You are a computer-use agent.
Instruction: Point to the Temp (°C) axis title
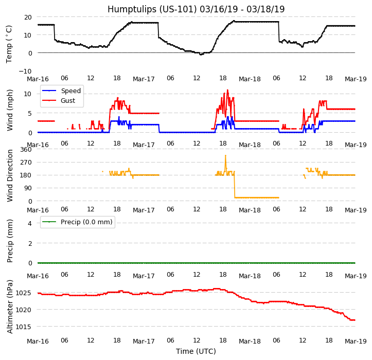[x=9, y=44]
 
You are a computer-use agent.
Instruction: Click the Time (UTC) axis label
[x=196, y=351]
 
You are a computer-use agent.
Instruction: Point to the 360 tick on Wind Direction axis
[x=26, y=149]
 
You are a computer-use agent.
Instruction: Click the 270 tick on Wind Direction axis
[x=26, y=162]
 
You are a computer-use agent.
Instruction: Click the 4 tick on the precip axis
[x=30, y=223]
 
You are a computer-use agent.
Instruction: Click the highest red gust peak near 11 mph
[x=227, y=90]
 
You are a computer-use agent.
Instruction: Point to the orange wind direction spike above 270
[x=225, y=155]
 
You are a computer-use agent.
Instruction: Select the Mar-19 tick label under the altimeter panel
[x=356, y=341]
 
